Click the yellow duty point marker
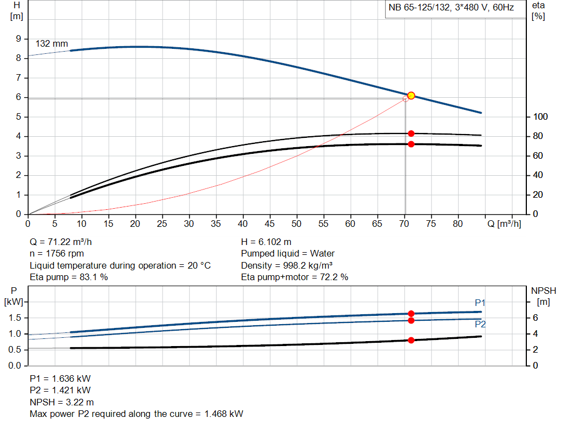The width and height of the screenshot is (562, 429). click(411, 96)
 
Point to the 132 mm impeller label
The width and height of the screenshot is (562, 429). click(52, 43)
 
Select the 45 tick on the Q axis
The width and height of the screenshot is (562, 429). click(269, 224)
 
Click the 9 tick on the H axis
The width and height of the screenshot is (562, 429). click(18, 39)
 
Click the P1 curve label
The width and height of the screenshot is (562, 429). click(480, 303)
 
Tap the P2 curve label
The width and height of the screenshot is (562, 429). click(480, 324)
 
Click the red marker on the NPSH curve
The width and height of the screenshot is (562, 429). click(411, 340)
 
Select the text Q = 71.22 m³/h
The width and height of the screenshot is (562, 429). click(65, 242)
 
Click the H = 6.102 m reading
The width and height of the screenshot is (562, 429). click(266, 242)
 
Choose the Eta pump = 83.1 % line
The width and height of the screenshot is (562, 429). click(69, 277)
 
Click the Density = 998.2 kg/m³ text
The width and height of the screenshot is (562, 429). click(287, 265)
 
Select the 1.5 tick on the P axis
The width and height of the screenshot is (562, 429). click(15, 318)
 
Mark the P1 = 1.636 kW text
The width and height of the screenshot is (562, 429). click(60, 378)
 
